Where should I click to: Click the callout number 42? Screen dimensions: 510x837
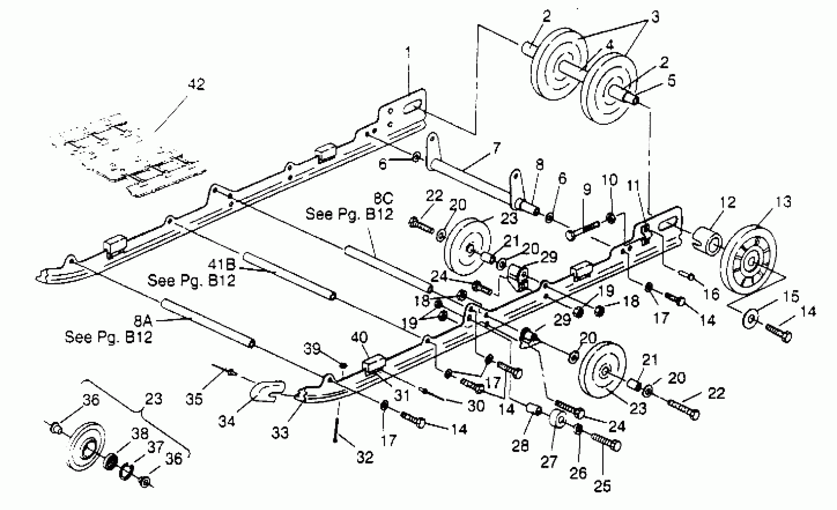pyautogui.click(x=196, y=84)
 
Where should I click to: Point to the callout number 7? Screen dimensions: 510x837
pyautogui.click(x=496, y=148)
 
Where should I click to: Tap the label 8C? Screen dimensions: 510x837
pyautogui.click(x=383, y=198)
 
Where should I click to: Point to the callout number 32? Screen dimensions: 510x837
pyautogui.click(x=365, y=457)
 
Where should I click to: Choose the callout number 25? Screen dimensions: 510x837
pyautogui.click(x=602, y=486)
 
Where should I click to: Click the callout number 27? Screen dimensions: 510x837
pyautogui.click(x=549, y=462)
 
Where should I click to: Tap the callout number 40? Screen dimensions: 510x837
pyautogui.click(x=359, y=337)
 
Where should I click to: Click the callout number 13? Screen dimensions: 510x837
pyautogui.click(x=783, y=202)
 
